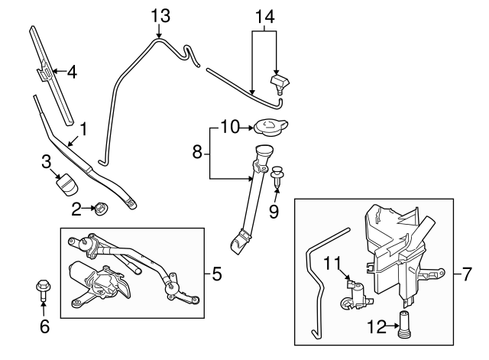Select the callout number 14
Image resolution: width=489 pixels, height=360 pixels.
point(263,15)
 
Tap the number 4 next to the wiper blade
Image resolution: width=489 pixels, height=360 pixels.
point(71,73)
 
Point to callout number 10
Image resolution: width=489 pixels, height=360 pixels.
point(230,126)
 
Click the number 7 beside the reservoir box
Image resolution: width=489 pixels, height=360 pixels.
point(468,273)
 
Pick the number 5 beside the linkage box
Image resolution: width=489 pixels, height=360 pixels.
point(217,272)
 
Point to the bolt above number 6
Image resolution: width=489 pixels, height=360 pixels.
point(43,290)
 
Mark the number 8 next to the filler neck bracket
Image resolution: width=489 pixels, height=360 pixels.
point(197,152)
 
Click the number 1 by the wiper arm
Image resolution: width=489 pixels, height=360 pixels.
point(85,131)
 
